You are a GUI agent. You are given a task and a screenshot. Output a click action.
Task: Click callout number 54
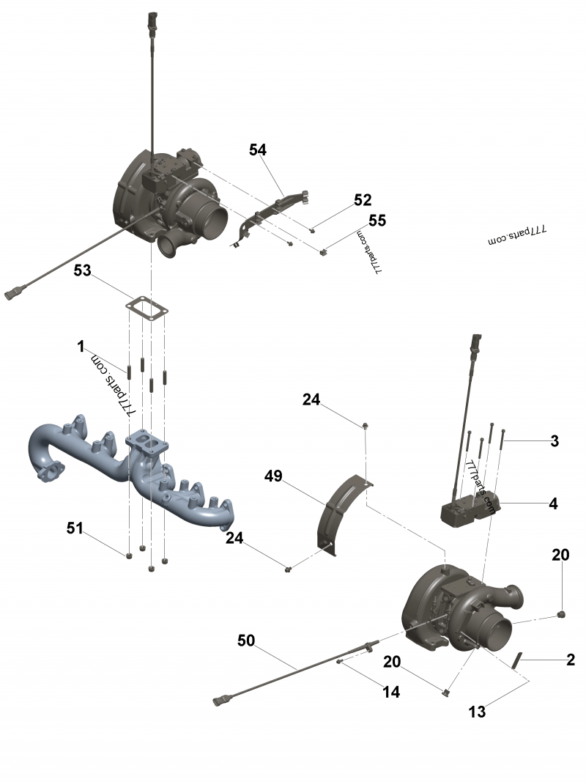coord(257,150)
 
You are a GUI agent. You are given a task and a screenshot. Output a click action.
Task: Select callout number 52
coord(362,200)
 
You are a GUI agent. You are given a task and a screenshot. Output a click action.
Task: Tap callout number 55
coord(377,221)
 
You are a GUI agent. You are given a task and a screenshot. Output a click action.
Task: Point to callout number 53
coord(82,270)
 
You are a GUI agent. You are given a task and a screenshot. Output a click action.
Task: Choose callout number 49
coord(273,477)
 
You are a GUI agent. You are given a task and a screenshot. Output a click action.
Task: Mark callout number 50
coord(246,640)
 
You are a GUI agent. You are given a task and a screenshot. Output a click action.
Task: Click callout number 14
coord(392,691)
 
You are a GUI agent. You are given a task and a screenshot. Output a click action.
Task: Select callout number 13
coord(477,710)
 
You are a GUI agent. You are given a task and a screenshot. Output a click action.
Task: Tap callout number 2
coord(571,659)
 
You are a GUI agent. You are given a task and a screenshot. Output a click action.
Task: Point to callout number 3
coord(555,441)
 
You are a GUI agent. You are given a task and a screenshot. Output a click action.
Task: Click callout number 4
coord(553,503)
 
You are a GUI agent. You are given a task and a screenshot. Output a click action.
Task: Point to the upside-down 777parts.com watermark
coord(518,235)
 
